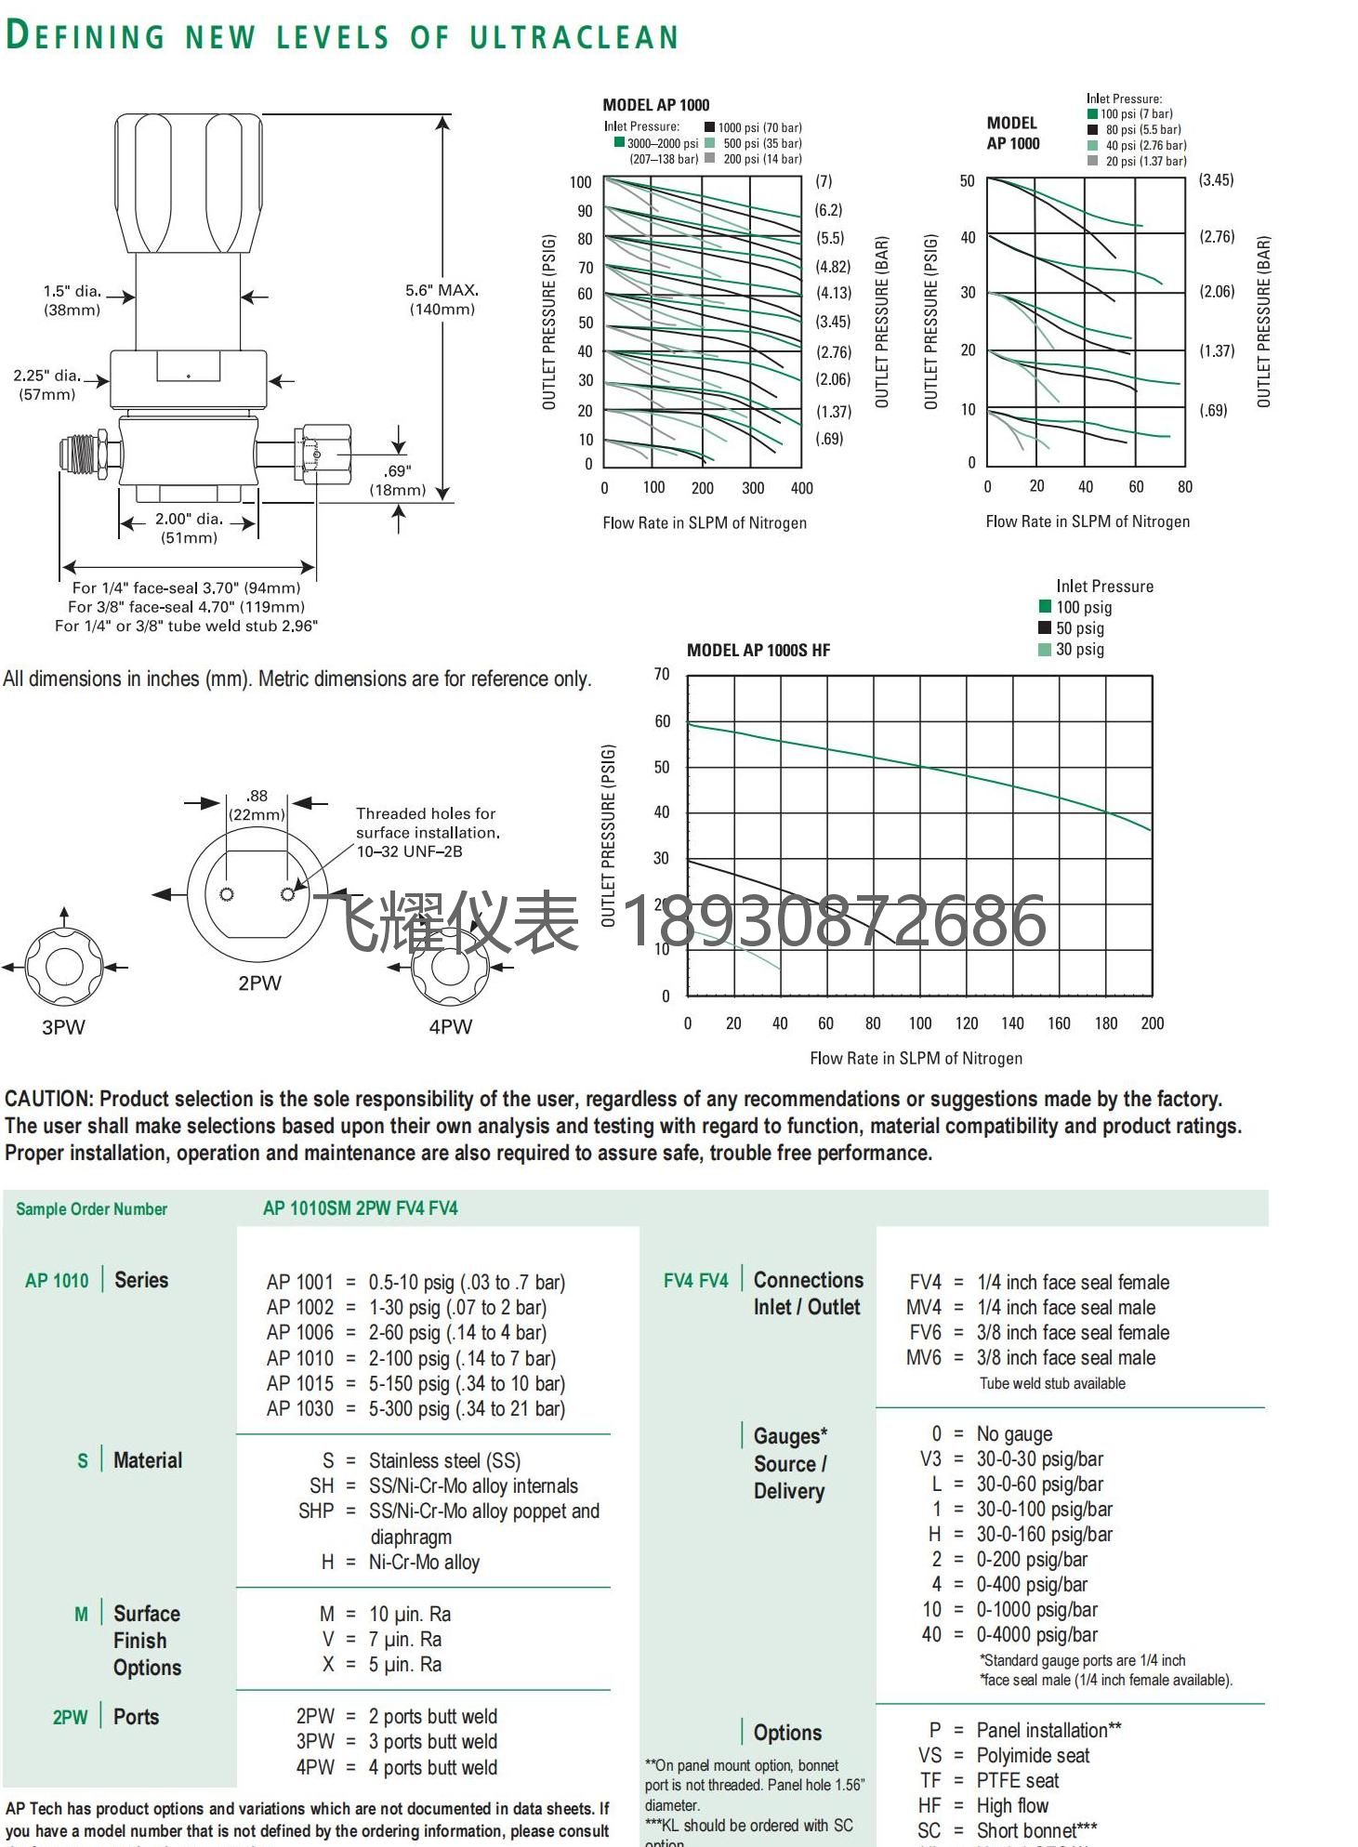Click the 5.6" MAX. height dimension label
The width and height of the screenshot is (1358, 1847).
442,298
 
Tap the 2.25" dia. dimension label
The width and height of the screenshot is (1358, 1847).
47,384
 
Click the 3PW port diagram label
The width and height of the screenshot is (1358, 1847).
63,1027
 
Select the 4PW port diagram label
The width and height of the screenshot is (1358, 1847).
451,1027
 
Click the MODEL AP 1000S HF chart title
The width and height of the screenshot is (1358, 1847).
758,651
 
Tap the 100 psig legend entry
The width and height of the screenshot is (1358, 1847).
1083,607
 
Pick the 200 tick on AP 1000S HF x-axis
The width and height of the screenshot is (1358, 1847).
1152,1023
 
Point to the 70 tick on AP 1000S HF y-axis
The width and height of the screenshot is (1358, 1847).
662,674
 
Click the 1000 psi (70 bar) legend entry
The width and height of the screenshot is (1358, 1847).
758,128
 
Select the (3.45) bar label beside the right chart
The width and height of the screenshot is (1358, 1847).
1216,180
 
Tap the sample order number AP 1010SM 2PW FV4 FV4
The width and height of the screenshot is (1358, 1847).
361,1208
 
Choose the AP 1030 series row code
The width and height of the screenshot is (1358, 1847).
299,1409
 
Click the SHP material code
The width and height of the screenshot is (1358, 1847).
316,1511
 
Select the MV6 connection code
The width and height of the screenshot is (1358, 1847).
924,1358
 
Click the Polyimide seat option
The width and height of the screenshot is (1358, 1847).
1033,1756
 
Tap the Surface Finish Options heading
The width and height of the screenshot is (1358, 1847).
147,1641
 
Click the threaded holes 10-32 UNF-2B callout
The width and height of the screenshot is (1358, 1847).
427,832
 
